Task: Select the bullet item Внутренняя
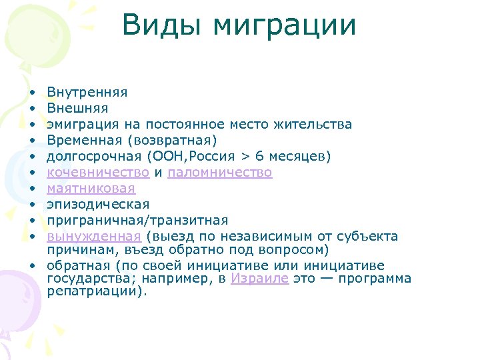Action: tap(87, 93)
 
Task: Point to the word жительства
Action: tap(311, 125)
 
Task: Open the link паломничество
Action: tap(220, 172)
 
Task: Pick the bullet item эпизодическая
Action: tap(98, 204)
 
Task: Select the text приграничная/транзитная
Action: tap(137, 220)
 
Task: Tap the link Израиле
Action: tap(259, 279)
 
